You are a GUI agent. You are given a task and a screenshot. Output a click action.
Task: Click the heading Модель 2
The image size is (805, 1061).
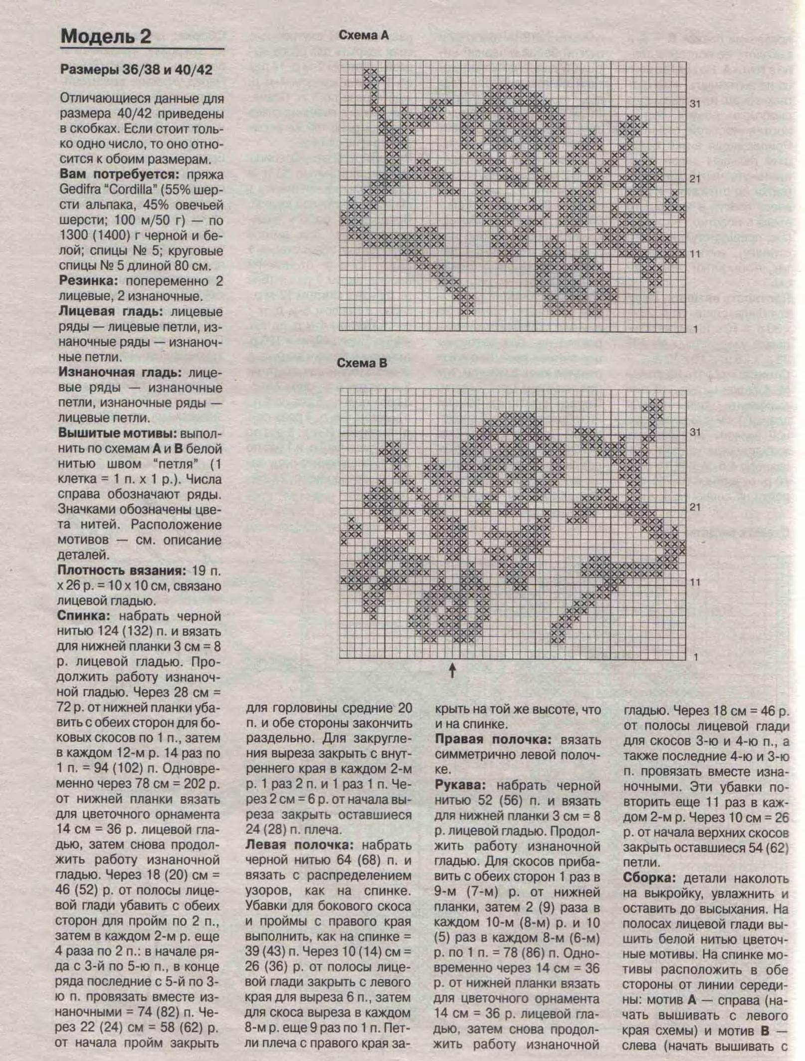[106, 37]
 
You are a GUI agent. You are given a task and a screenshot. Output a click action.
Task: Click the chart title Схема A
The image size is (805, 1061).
[363, 35]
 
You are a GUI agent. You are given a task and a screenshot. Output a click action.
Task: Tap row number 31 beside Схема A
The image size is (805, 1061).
[695, 104]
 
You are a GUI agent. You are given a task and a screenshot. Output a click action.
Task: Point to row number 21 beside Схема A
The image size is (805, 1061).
[695, 179]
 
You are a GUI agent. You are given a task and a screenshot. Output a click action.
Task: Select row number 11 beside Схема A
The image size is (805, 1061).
[695, 254]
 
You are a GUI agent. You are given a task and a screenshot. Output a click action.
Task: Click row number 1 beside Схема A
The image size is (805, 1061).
[695, 329]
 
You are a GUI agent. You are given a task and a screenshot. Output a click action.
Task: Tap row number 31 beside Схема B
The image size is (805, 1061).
[695, 432]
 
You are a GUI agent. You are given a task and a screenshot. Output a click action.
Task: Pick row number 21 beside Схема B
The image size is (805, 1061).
[695, 507]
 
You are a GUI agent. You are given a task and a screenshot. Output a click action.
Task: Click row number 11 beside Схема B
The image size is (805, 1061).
[695, 582]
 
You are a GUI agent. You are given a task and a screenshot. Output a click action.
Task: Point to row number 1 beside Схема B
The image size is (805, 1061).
[696, 657]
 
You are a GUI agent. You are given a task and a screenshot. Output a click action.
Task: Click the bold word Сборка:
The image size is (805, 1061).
[649, 878]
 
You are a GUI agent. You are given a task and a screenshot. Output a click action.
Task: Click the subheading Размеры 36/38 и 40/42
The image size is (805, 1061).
[136, 70]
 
